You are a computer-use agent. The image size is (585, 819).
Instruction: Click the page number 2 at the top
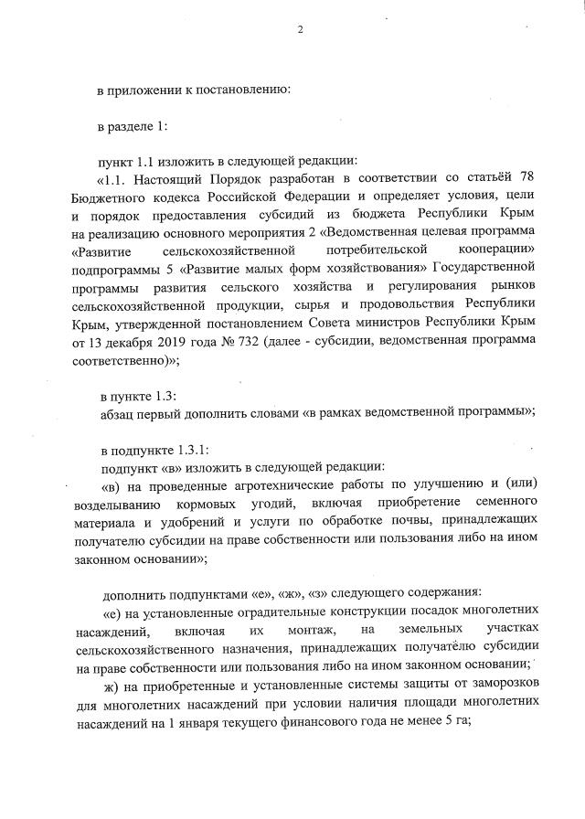pyautogui.click(x=299, y=31)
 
